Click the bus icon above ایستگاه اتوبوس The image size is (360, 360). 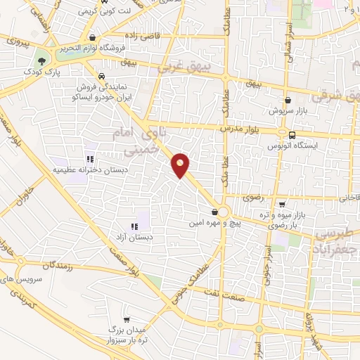tap(292, 134)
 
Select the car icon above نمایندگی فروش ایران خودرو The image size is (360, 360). tap(102, 76)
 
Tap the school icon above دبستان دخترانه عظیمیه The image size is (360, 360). tap(89, 158)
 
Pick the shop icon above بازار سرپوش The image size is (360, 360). tap(288, 100)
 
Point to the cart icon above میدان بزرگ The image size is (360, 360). tap(127, 319)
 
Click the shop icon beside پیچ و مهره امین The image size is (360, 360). tap(214, 212)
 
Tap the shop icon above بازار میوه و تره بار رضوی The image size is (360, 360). tap(281, 205)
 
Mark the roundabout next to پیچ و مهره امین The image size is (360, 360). tap(224, 212)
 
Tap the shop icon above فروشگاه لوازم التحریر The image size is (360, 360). tap(91, 39)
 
